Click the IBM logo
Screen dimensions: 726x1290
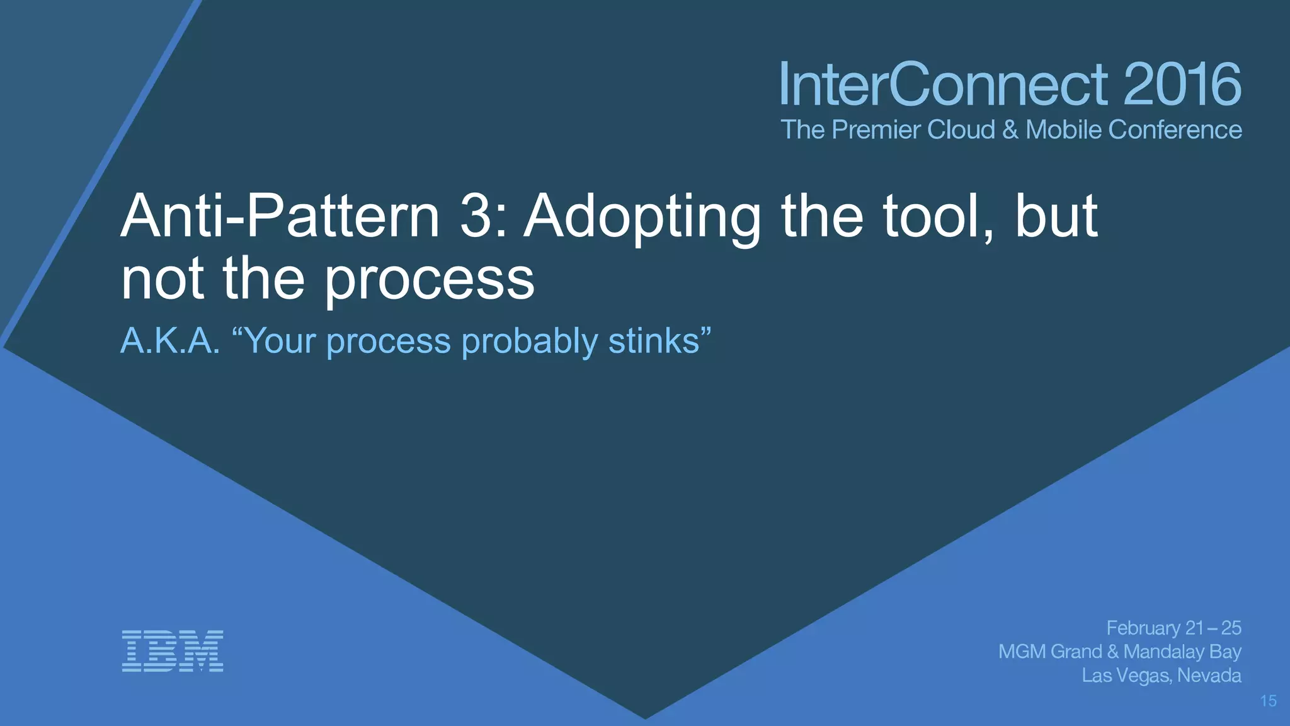(x=172, y=650)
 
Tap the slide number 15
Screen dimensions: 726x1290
(x=1268, y=701)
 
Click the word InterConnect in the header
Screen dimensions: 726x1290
(x=943, y=84)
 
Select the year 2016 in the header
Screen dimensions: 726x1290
(x=1182, y=84)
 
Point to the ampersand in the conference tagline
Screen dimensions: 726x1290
(x=1010, y=130)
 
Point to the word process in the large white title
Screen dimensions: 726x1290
(x=429, y=280)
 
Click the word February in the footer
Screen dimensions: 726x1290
(x=1143, y=628)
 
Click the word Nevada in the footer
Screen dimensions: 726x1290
(x=1209, y=676)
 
